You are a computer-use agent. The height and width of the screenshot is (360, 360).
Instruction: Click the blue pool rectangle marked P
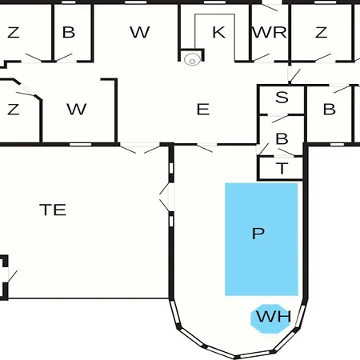pos(262,239)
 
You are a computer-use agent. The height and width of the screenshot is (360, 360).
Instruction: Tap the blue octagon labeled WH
pos(270,318)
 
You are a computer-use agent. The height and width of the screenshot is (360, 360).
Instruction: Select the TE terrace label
pos(53,210)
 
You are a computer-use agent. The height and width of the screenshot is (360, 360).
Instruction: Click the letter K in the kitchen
pos(218,32)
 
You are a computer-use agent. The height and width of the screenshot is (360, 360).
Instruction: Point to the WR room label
pos(270,32)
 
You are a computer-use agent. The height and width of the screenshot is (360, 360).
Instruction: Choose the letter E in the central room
pos(203,110)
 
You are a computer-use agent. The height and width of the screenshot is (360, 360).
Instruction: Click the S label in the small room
pos(282,97)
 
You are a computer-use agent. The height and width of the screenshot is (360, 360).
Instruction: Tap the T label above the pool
pos(282,168)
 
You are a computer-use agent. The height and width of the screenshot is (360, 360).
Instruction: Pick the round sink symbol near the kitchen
pos(192,59)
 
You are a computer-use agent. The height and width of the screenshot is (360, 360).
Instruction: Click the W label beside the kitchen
pos(140,32)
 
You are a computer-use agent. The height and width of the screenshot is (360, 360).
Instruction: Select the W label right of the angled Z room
pos(77,109)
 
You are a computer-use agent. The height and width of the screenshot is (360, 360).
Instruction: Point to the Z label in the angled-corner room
pos(14,110)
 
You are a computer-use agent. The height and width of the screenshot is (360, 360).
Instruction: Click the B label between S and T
pos(282,138)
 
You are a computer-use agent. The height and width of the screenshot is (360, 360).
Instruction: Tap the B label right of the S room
pos(330,109)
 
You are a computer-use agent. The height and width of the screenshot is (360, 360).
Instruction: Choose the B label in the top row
pos(69,32)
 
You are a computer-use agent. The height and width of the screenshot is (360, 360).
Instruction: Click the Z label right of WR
pos(321,32)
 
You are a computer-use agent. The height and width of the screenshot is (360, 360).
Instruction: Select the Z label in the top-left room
pos(14,32)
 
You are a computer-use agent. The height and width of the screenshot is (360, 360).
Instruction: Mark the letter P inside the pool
pos(258,234)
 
